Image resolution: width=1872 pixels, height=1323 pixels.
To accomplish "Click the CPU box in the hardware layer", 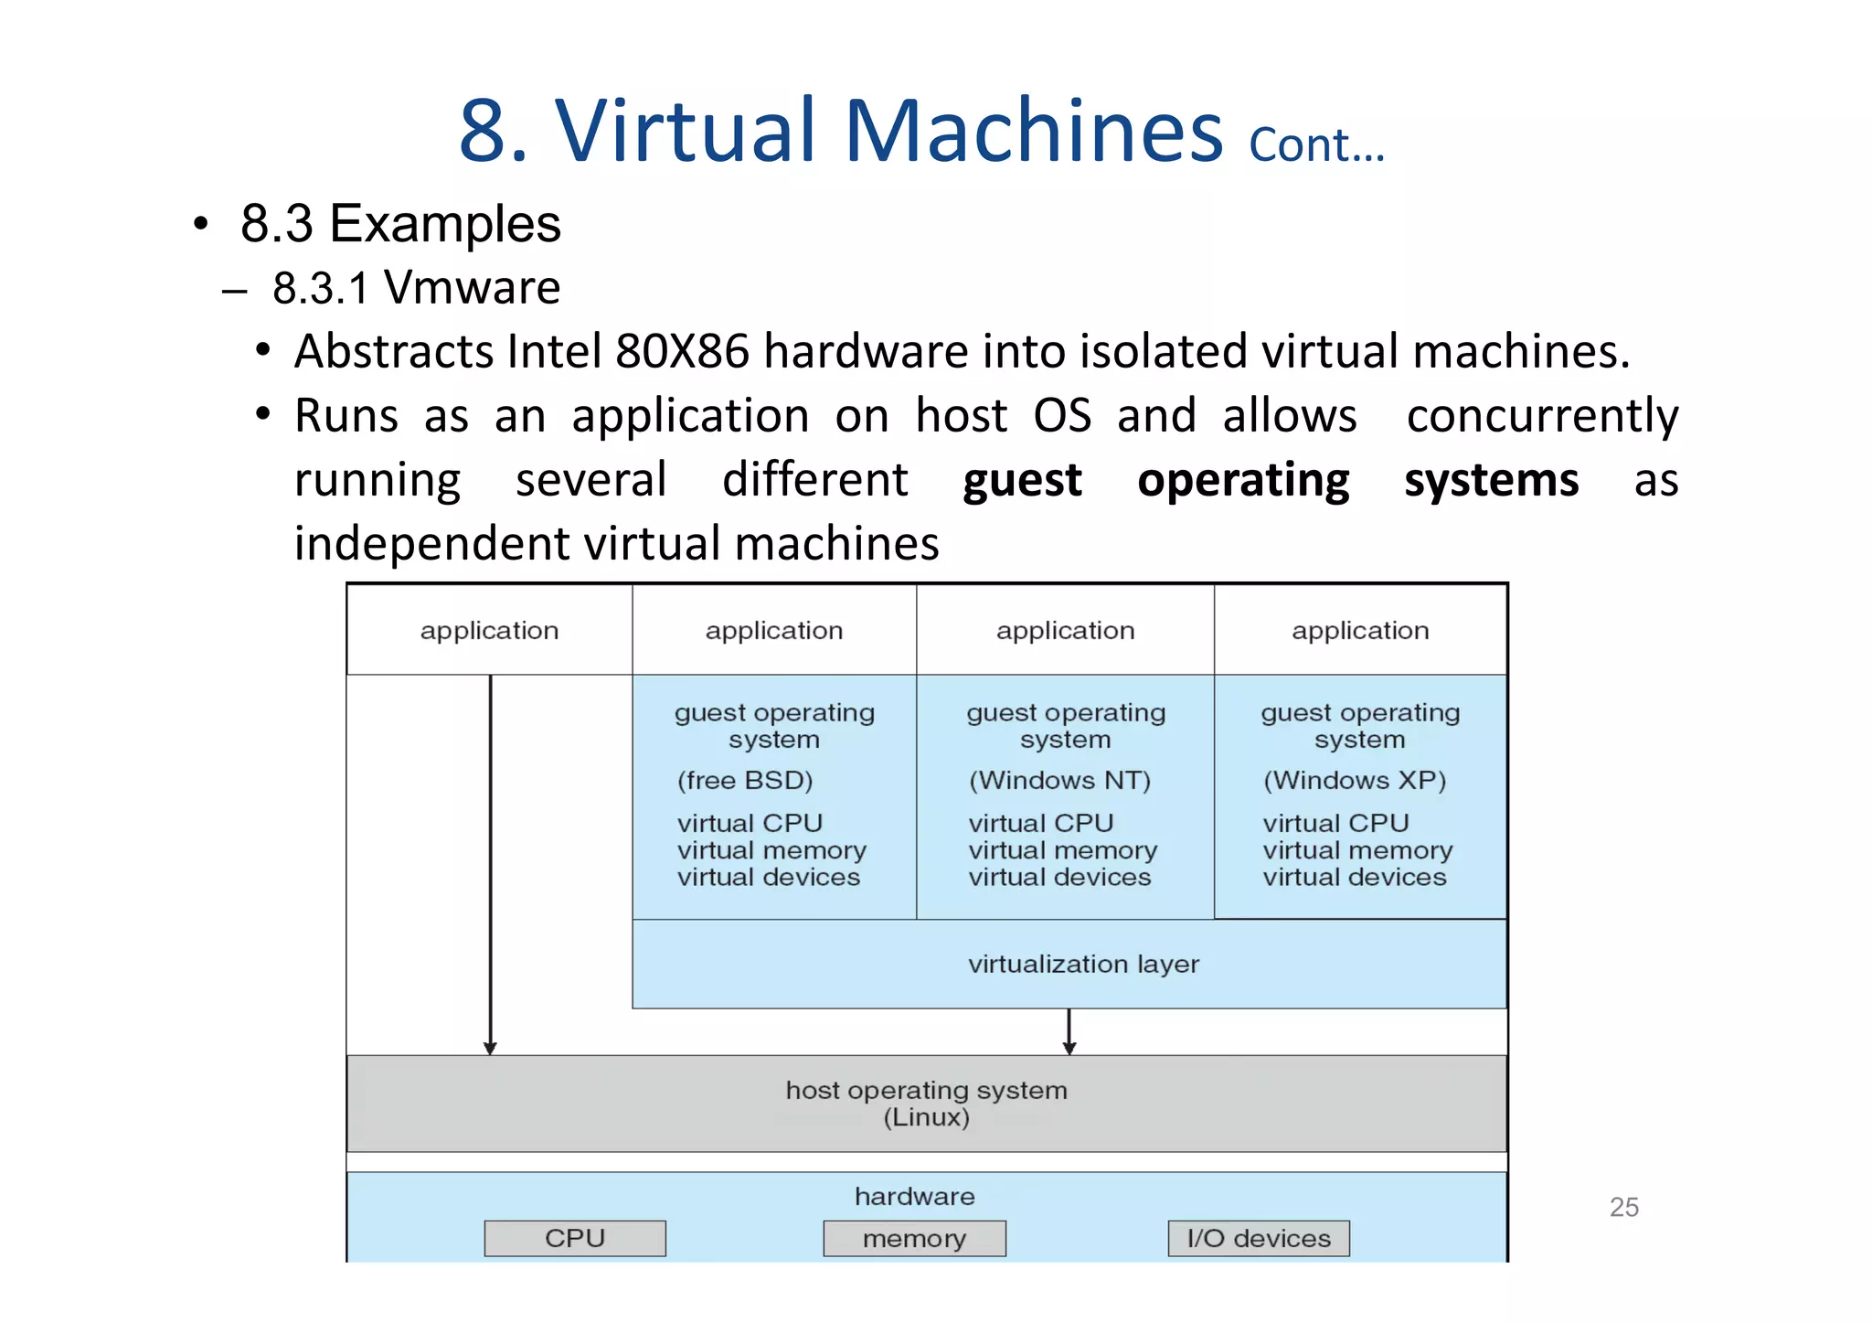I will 575,1238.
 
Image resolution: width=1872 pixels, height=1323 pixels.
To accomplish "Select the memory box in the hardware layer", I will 914,1238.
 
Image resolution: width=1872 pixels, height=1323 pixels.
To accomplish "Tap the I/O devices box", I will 1258,1238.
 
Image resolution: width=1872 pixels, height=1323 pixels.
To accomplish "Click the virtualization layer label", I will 1083,964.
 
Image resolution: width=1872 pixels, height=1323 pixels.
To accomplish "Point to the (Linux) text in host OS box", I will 926,1117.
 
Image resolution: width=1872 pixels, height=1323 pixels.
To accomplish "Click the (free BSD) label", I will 744,780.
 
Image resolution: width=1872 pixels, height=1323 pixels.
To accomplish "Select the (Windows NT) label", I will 1059,780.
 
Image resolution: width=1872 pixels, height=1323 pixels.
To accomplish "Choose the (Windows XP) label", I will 1355,780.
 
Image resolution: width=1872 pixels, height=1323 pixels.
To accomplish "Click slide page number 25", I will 1623,1207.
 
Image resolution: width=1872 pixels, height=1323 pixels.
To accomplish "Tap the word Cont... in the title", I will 1316,145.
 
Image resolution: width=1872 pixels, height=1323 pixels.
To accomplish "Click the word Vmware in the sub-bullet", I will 472,288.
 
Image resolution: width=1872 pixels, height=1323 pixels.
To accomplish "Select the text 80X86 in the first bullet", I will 682,351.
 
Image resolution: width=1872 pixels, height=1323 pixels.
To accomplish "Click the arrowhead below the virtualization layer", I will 1069,1048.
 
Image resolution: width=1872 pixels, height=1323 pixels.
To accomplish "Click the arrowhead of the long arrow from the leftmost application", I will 490,1048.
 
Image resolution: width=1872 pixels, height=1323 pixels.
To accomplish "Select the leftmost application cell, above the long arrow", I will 489,630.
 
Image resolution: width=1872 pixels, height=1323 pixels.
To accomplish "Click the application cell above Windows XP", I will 1360,630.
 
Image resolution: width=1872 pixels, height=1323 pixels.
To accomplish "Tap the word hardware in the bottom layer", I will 914,1196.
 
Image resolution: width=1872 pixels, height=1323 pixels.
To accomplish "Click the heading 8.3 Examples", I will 400,223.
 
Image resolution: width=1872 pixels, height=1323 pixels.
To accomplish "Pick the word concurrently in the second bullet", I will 1542,416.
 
